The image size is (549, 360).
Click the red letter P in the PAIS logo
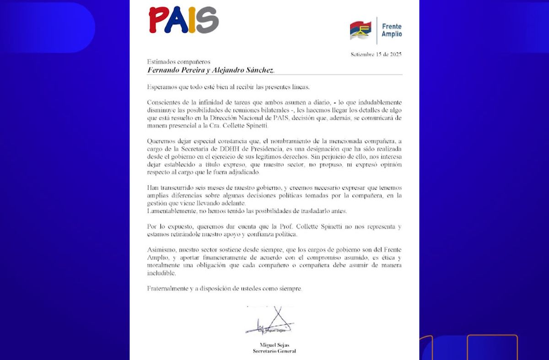tap(158, 21)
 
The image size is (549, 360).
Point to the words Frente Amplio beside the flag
tap(392, 31)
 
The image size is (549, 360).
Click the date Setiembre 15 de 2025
tap(376, 54)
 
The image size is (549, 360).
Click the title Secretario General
tap(274, 351)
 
